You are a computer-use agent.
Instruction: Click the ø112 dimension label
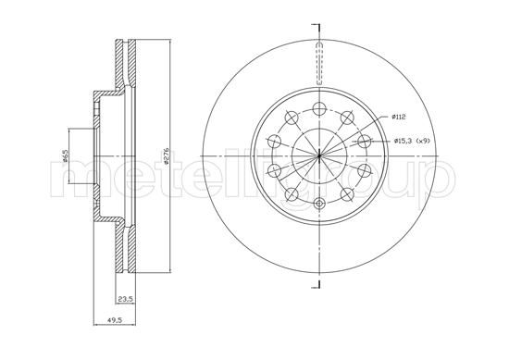pos(399,118)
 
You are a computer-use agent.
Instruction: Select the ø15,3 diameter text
pos(403,140)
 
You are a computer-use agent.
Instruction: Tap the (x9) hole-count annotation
pos(422,140)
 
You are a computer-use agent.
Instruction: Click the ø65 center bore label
pos(65,156)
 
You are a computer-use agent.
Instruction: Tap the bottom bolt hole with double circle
pos(318,205)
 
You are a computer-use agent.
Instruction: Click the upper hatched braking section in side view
pos(126,65)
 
